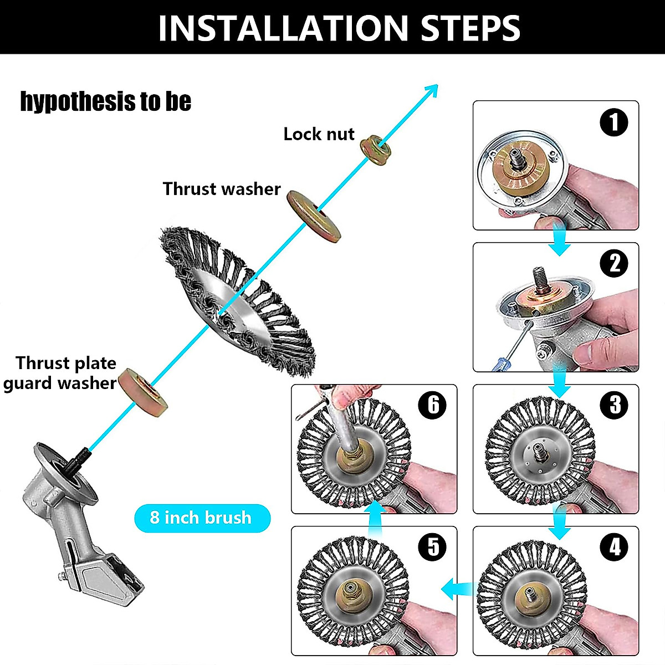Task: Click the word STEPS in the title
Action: (x=470, y=28)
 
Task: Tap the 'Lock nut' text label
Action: (x=319, y=134)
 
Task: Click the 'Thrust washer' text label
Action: (x=222, y=189)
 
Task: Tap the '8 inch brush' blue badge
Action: (x=202, y=518)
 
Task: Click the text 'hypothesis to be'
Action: (x=105, y=101)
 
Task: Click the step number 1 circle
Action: (x=614, y=122)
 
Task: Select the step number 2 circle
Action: (x=614, y=263)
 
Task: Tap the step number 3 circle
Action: (x=614, y=405)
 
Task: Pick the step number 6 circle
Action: (x=433, y=405)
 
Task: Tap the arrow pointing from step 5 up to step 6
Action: (x=376, y=518)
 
